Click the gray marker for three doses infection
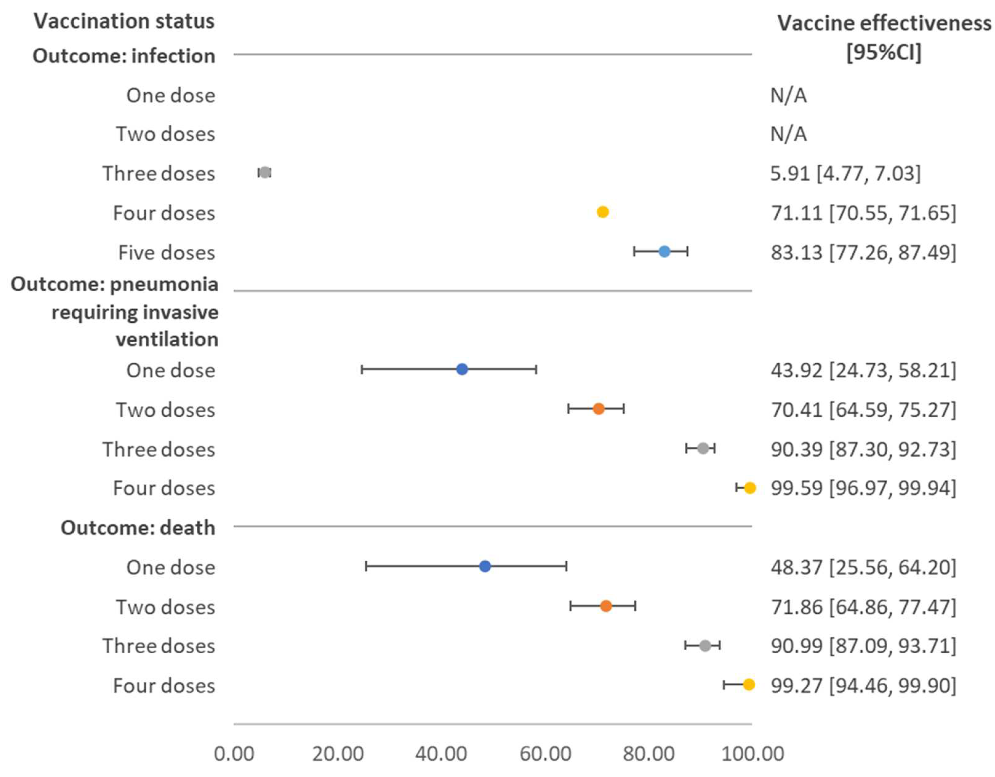(265, 172)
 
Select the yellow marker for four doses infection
(603, 212)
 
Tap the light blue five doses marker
(665, 251)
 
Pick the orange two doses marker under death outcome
(606, 606)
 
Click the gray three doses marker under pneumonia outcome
(703, 448)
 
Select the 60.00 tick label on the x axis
(545, 754)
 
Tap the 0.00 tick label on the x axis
(234, 754)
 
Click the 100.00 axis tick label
(752, 754)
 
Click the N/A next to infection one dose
(788, 96)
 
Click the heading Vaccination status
(124, 21)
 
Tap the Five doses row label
(166, 253)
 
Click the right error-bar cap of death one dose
(566, 567)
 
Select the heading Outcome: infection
(124, 56)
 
